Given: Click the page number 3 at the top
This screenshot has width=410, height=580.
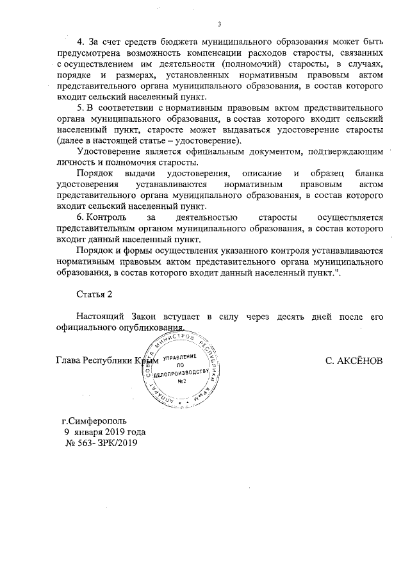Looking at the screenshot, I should tap(219, 25).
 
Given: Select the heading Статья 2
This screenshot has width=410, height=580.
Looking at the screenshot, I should tap(94, 294).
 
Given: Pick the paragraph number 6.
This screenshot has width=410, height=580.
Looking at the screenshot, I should tap(79, 218).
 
